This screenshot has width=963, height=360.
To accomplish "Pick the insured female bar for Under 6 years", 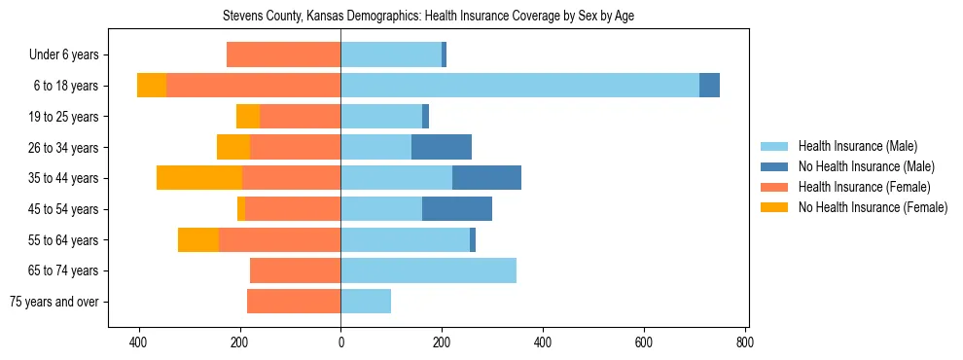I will click(x=283, y=54).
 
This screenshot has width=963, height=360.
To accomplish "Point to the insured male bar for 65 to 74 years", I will click(x=428, y=270).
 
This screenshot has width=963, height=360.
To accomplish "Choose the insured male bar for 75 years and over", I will click(x=366, y=302).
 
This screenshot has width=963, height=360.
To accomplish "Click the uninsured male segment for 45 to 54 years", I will click(x=457, y=209).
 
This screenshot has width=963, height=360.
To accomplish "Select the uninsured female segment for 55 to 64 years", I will click(x=198, y=239).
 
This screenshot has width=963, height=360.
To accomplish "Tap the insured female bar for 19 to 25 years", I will click(x=300, y=117).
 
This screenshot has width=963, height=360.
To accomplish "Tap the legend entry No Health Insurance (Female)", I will click(x=872, y=207).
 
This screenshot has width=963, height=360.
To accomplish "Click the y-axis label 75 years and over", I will click(x=54, y=302).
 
